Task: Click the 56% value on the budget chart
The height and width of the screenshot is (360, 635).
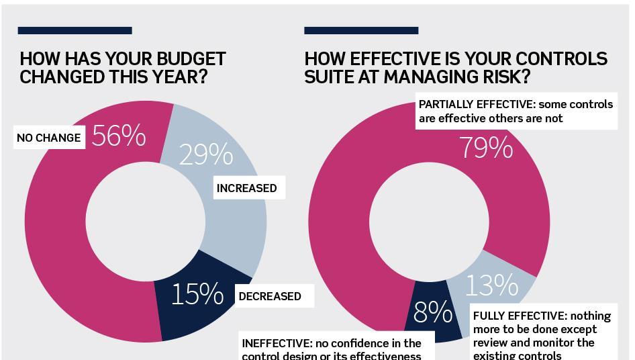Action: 119,136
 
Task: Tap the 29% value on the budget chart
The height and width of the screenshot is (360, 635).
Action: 206,154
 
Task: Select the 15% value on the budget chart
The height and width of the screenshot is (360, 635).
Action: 197,294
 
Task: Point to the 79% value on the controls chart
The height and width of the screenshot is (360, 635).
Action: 486,148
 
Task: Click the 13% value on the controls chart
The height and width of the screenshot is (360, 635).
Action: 491,286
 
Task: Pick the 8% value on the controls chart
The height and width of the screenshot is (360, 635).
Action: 432,312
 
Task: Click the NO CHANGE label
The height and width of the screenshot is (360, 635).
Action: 48,138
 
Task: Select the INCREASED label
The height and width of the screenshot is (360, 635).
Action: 246,188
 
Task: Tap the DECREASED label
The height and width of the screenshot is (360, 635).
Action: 270,296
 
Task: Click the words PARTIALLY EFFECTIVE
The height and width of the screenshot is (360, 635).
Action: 476,105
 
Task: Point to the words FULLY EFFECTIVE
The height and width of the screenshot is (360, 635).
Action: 518,316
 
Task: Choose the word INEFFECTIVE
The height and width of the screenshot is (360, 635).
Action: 276,343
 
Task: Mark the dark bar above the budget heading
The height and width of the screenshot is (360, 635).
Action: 75,30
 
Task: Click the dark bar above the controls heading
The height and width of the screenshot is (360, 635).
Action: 361,30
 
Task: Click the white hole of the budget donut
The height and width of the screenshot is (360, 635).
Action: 146,222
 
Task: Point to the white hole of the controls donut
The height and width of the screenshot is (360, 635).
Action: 429,222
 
